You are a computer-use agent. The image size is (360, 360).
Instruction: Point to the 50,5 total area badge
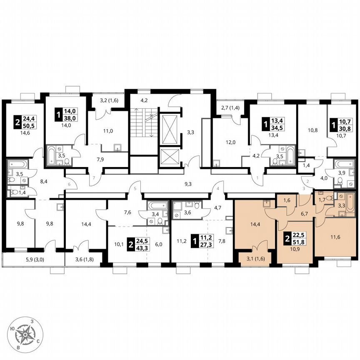click(29, 124)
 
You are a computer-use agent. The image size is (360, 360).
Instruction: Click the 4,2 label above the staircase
click(144, 100)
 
